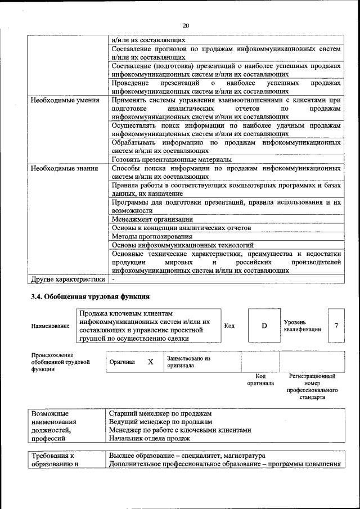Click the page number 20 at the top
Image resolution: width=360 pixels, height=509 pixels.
pos(186,25)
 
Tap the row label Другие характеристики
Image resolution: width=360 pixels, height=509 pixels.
pos(67,278)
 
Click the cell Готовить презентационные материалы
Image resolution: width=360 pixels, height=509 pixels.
pos(167,159)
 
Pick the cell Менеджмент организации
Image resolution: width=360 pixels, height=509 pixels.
pos(152,219)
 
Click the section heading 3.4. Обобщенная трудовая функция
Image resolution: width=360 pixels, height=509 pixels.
pos(89,296)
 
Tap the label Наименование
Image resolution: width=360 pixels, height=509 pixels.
pos(50,326)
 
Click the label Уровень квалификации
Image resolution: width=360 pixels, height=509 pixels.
pos(303,326)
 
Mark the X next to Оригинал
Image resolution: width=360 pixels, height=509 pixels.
pos(151,362)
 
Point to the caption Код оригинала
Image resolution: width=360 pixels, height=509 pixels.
pos(260,380)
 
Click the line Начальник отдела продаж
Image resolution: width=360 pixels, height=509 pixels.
pos(150,438)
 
